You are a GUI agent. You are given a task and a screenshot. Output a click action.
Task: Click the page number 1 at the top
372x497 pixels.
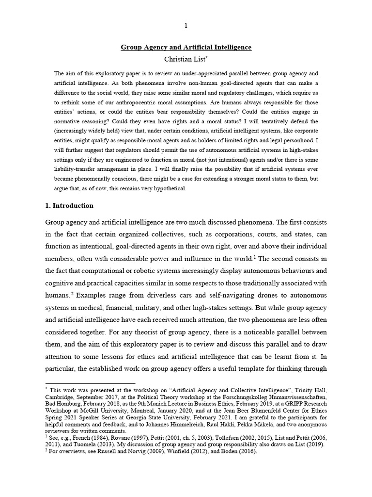(186, 26)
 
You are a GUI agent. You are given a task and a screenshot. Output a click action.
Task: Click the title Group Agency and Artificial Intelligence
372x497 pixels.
(186, 48)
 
